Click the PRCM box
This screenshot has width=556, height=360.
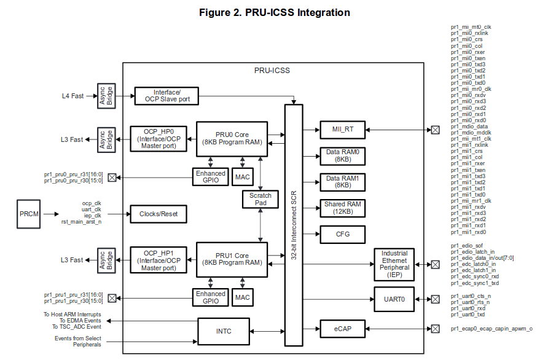pos(29,214)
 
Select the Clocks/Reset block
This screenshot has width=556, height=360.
pos(158,214)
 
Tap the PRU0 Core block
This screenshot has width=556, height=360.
pos(232,139)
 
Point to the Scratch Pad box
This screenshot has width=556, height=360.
pos(260,199)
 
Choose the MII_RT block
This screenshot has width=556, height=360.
pos(342,130)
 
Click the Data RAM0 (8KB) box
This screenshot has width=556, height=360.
pos(342,156)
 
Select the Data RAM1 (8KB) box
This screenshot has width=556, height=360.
pos(342,182)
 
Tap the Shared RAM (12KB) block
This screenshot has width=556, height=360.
pos(342,208)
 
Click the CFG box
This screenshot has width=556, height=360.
pos(342,233)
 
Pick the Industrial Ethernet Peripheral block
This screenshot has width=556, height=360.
pos(394,264)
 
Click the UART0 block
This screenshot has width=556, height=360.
pos(394,299)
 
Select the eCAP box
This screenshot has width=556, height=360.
pos(342,329)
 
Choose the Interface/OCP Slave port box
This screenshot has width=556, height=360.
pos(166,96)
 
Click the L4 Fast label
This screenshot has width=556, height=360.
pos(72,96)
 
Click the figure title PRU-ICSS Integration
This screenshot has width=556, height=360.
pos(275,13)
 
